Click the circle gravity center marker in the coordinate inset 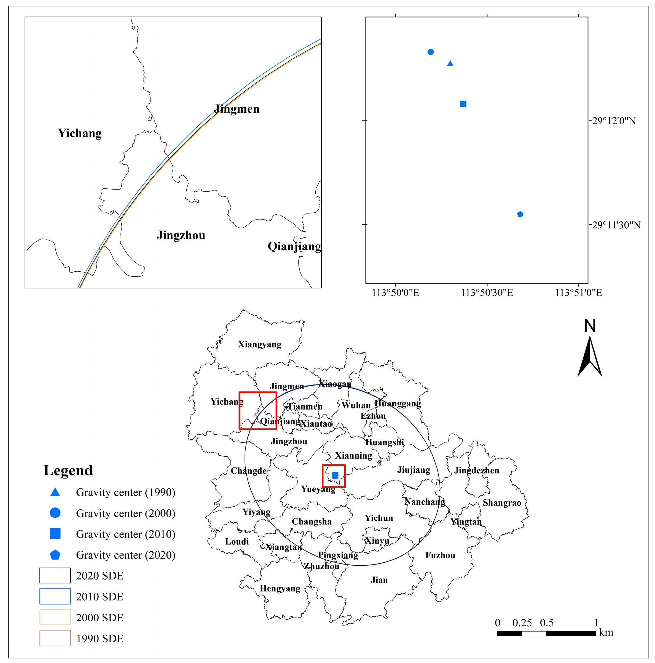point(430,52)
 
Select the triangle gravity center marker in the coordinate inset point(450,63)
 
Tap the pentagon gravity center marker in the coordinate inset point(520,214)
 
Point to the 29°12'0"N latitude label point(614,121)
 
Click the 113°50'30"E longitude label point(487,293)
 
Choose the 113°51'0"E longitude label point(578,293)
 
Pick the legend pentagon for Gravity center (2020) point(55,555)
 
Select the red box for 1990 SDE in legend point(55,638)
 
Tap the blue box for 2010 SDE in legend point(55,597)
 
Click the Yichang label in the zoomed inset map point(80,133)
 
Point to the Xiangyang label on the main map point(260,344)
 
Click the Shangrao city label point(502,503)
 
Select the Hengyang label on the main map point(280,589)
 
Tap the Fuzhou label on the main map point(440,555)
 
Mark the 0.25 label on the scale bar point(522,623)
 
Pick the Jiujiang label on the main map point(414,470)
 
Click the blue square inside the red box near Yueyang point(335,475)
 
